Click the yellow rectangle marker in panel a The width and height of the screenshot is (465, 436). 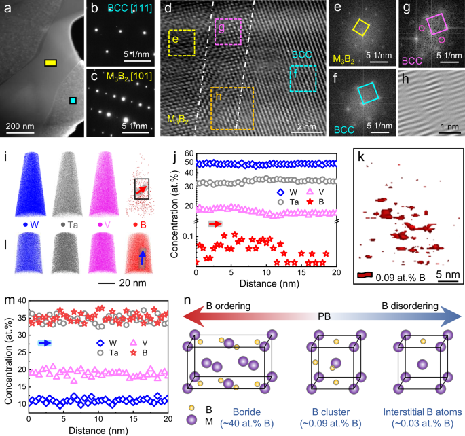click(x=50, y=64)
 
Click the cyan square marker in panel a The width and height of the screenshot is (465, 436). click(x=73, y=101)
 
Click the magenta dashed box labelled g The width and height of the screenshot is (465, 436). click(x=227, y=32)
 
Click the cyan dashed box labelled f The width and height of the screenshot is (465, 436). click(x=302, y=78)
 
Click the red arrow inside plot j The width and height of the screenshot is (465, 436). click(x=215, y=223)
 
